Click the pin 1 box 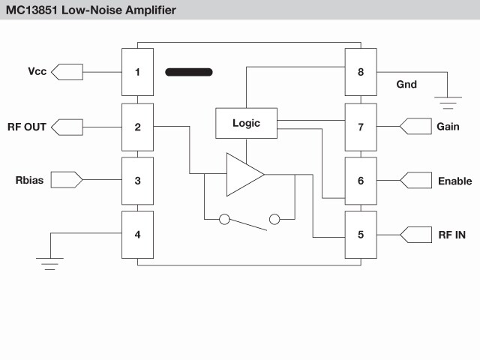pyautogui.click(x=137, y=72)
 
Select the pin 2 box pyautogui.click(x=137, y=127)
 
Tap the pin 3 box pyautogui.click(x=137, y=180)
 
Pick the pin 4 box pyautogui.click(x=137, y=234)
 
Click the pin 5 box pyautogui.click(x=361, y=235)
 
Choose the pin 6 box pyautogui.click(x=361, y=181)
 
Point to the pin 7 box pyautogui.click(x=361, y=127)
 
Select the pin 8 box pyautogui.click(x=361, y=72)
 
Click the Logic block pyautogui.click(x=246, y=123)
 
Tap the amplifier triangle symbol pyautogui.click(x=241, y=175)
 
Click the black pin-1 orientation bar pyautogui.click(x=188, y=72)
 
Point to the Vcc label pyautogui.click(x=37, y=72)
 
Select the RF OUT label pyautogui.click(x=27, y=127)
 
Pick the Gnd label pyautogui.click(x=406, y=85)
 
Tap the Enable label pyautogui.click(x=454, y=181)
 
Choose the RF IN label pyautogui.click(x=451, y=235)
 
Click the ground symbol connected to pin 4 pyautogui.click(x=50, y=263)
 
